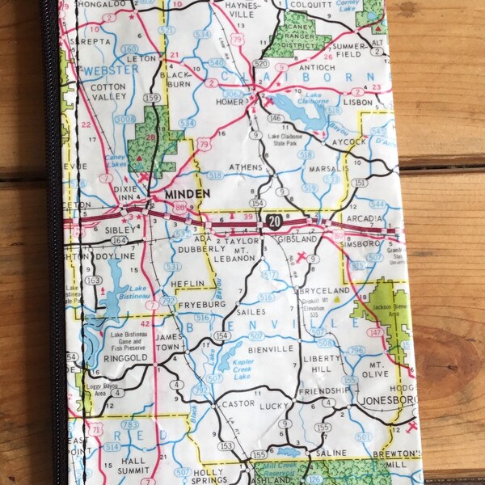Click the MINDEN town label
(x=186, y=194)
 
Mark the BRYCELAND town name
(x=324, y=289)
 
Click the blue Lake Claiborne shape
(x=301, y=110)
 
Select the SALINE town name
(x=332, y=453)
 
